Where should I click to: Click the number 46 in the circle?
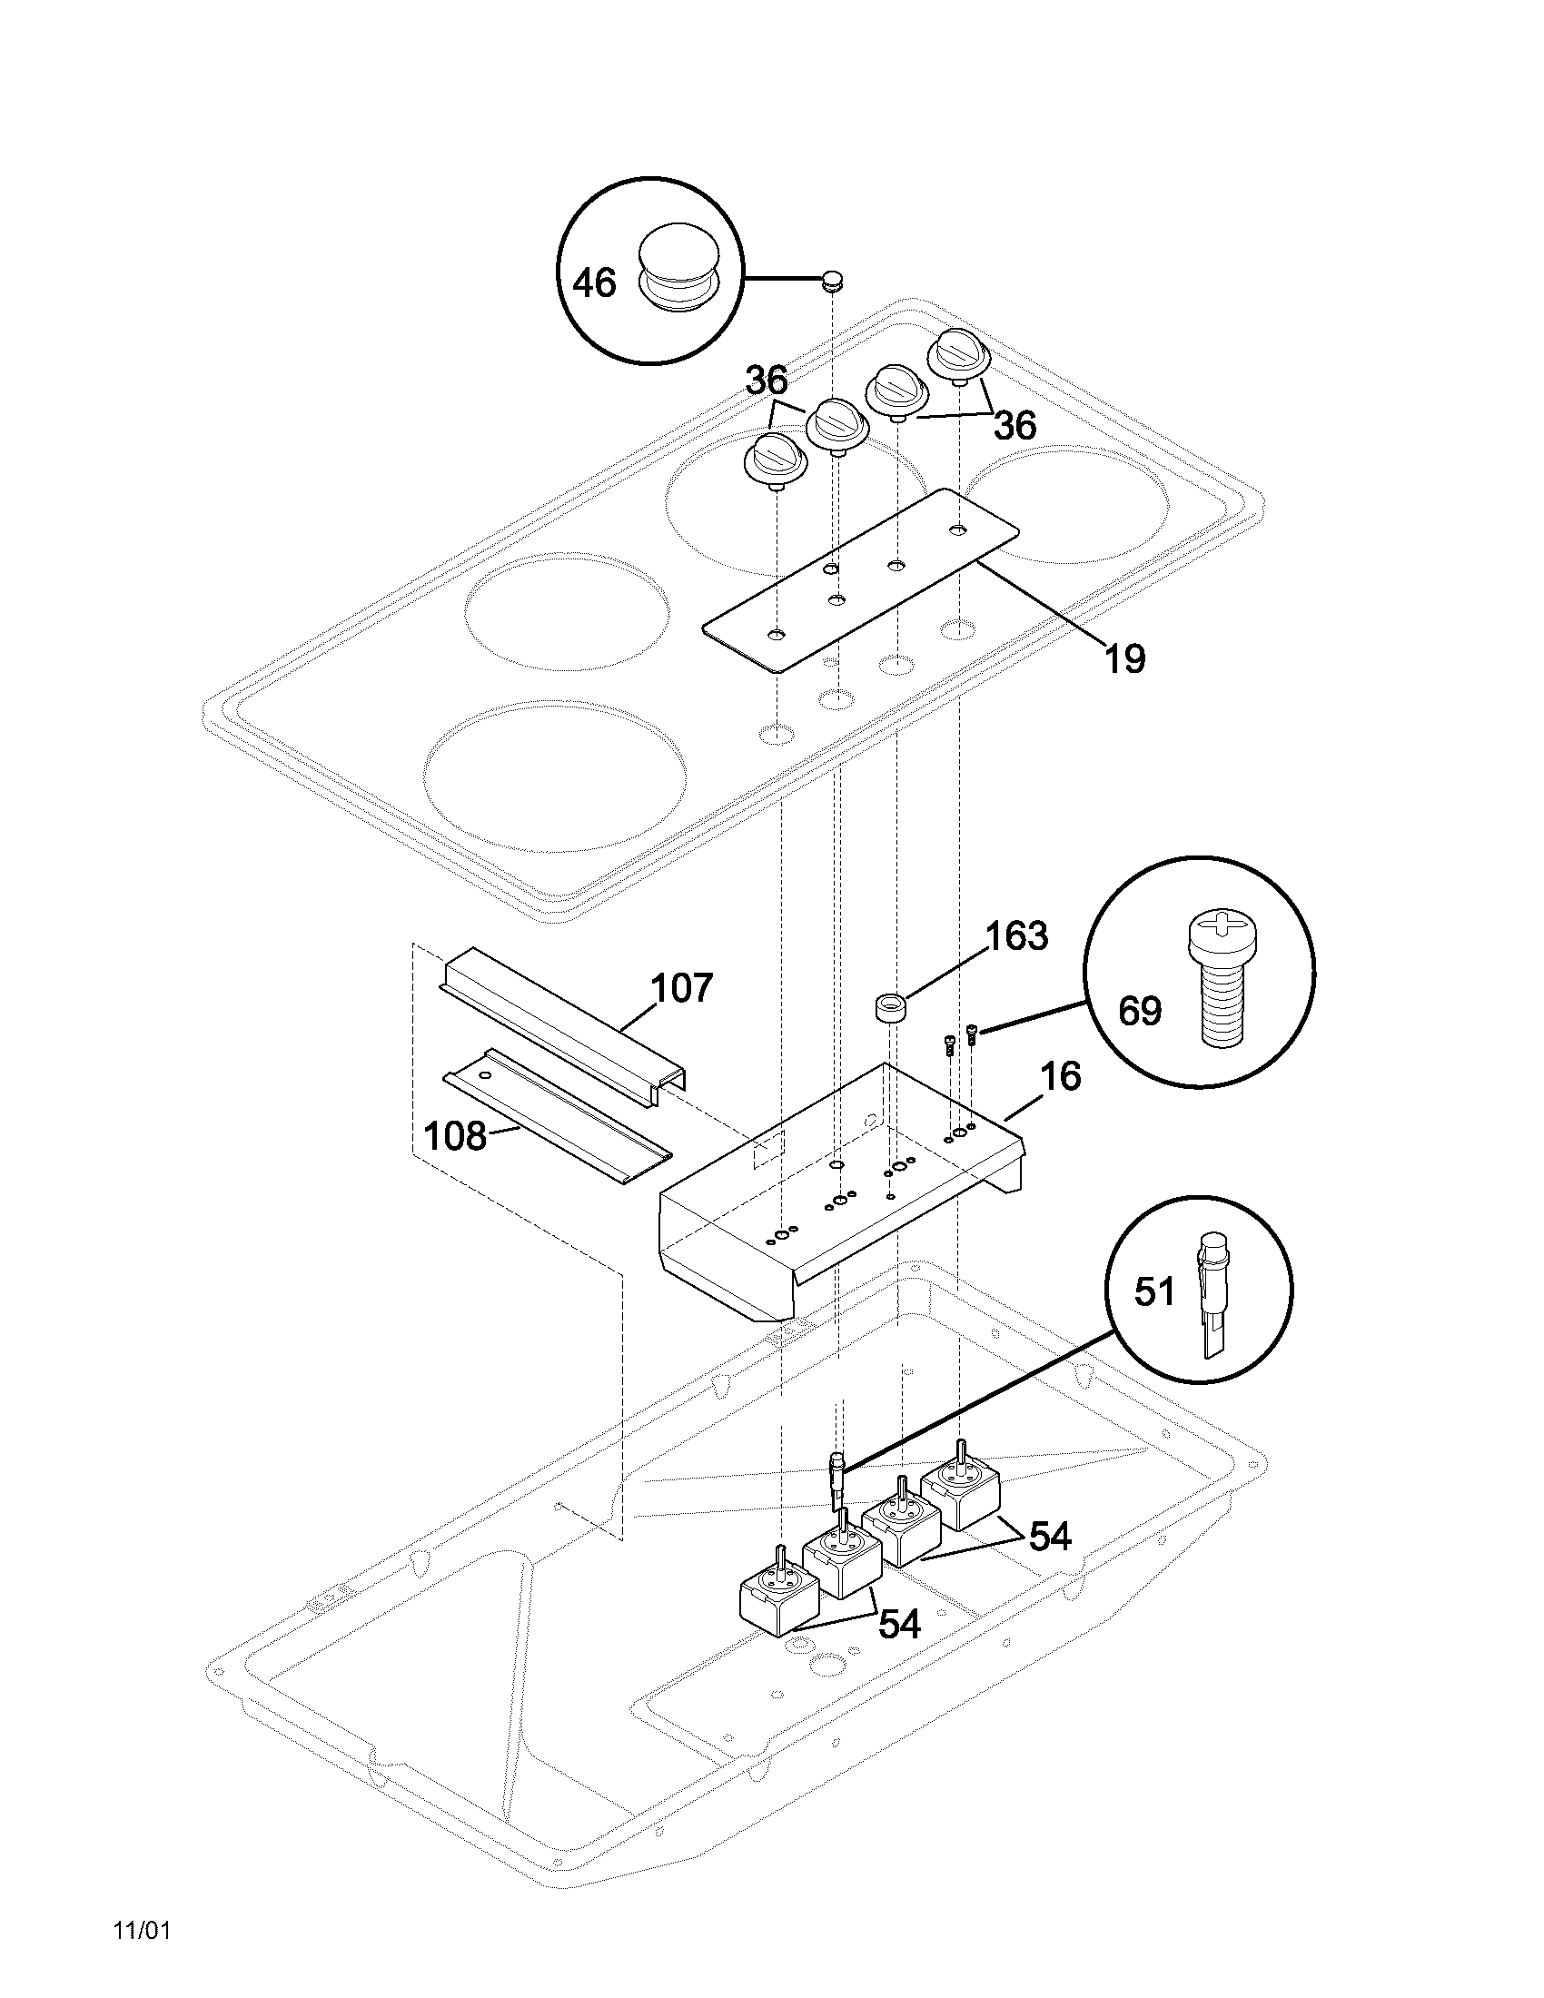pyautogui.click(x=595, y=282)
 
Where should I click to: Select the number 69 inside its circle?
pyautogui.click(x=1140, y=1013)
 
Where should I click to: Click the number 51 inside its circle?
pyautogui.click(x=1154, y=1291)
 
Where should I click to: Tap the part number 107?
pyautogui.click(x=680, y=989)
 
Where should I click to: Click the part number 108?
pyautogui.click(x=455, y=1136)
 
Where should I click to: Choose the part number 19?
pyautogui.click(x=1124, y=658)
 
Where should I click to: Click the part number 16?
pyautogui.click(x=1060, y=1077)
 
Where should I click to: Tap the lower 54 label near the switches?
pyautogui.click(x=899, y=1625)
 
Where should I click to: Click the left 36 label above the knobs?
pyautogui.click(x=767, y=382)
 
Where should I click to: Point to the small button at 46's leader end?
pyautogui.click(x=831, y=279)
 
